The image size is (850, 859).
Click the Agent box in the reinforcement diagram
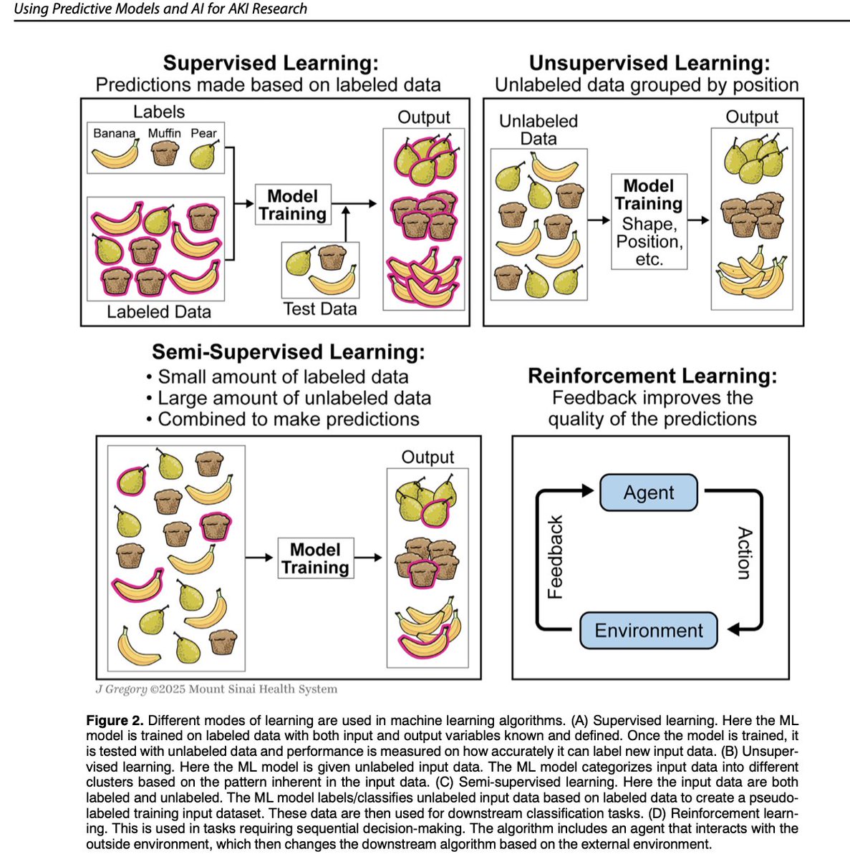pos(648,492)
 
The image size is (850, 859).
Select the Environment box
pos(648,630)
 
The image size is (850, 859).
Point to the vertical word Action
pos(744,553)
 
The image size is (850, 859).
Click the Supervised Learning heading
pos(271,62)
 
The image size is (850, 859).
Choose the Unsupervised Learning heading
pos(649,62)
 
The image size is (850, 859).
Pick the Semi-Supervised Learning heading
pos(288,352)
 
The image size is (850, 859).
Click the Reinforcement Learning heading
pos(652,376)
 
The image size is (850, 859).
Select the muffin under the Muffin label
pos(165,154)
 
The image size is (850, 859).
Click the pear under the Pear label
pos(203,155)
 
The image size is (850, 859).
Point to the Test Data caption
pos(319,309)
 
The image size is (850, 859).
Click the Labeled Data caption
pos(158,312)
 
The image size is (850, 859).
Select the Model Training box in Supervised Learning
pos(292,205)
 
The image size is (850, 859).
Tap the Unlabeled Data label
pos(538,130)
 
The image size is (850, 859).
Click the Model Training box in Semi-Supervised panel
pos(315,558)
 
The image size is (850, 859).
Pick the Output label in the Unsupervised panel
pos(751,117)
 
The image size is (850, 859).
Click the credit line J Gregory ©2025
pos(216,689)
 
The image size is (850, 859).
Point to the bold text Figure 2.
pos(115,720)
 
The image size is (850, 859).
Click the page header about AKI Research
pos(160,9)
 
